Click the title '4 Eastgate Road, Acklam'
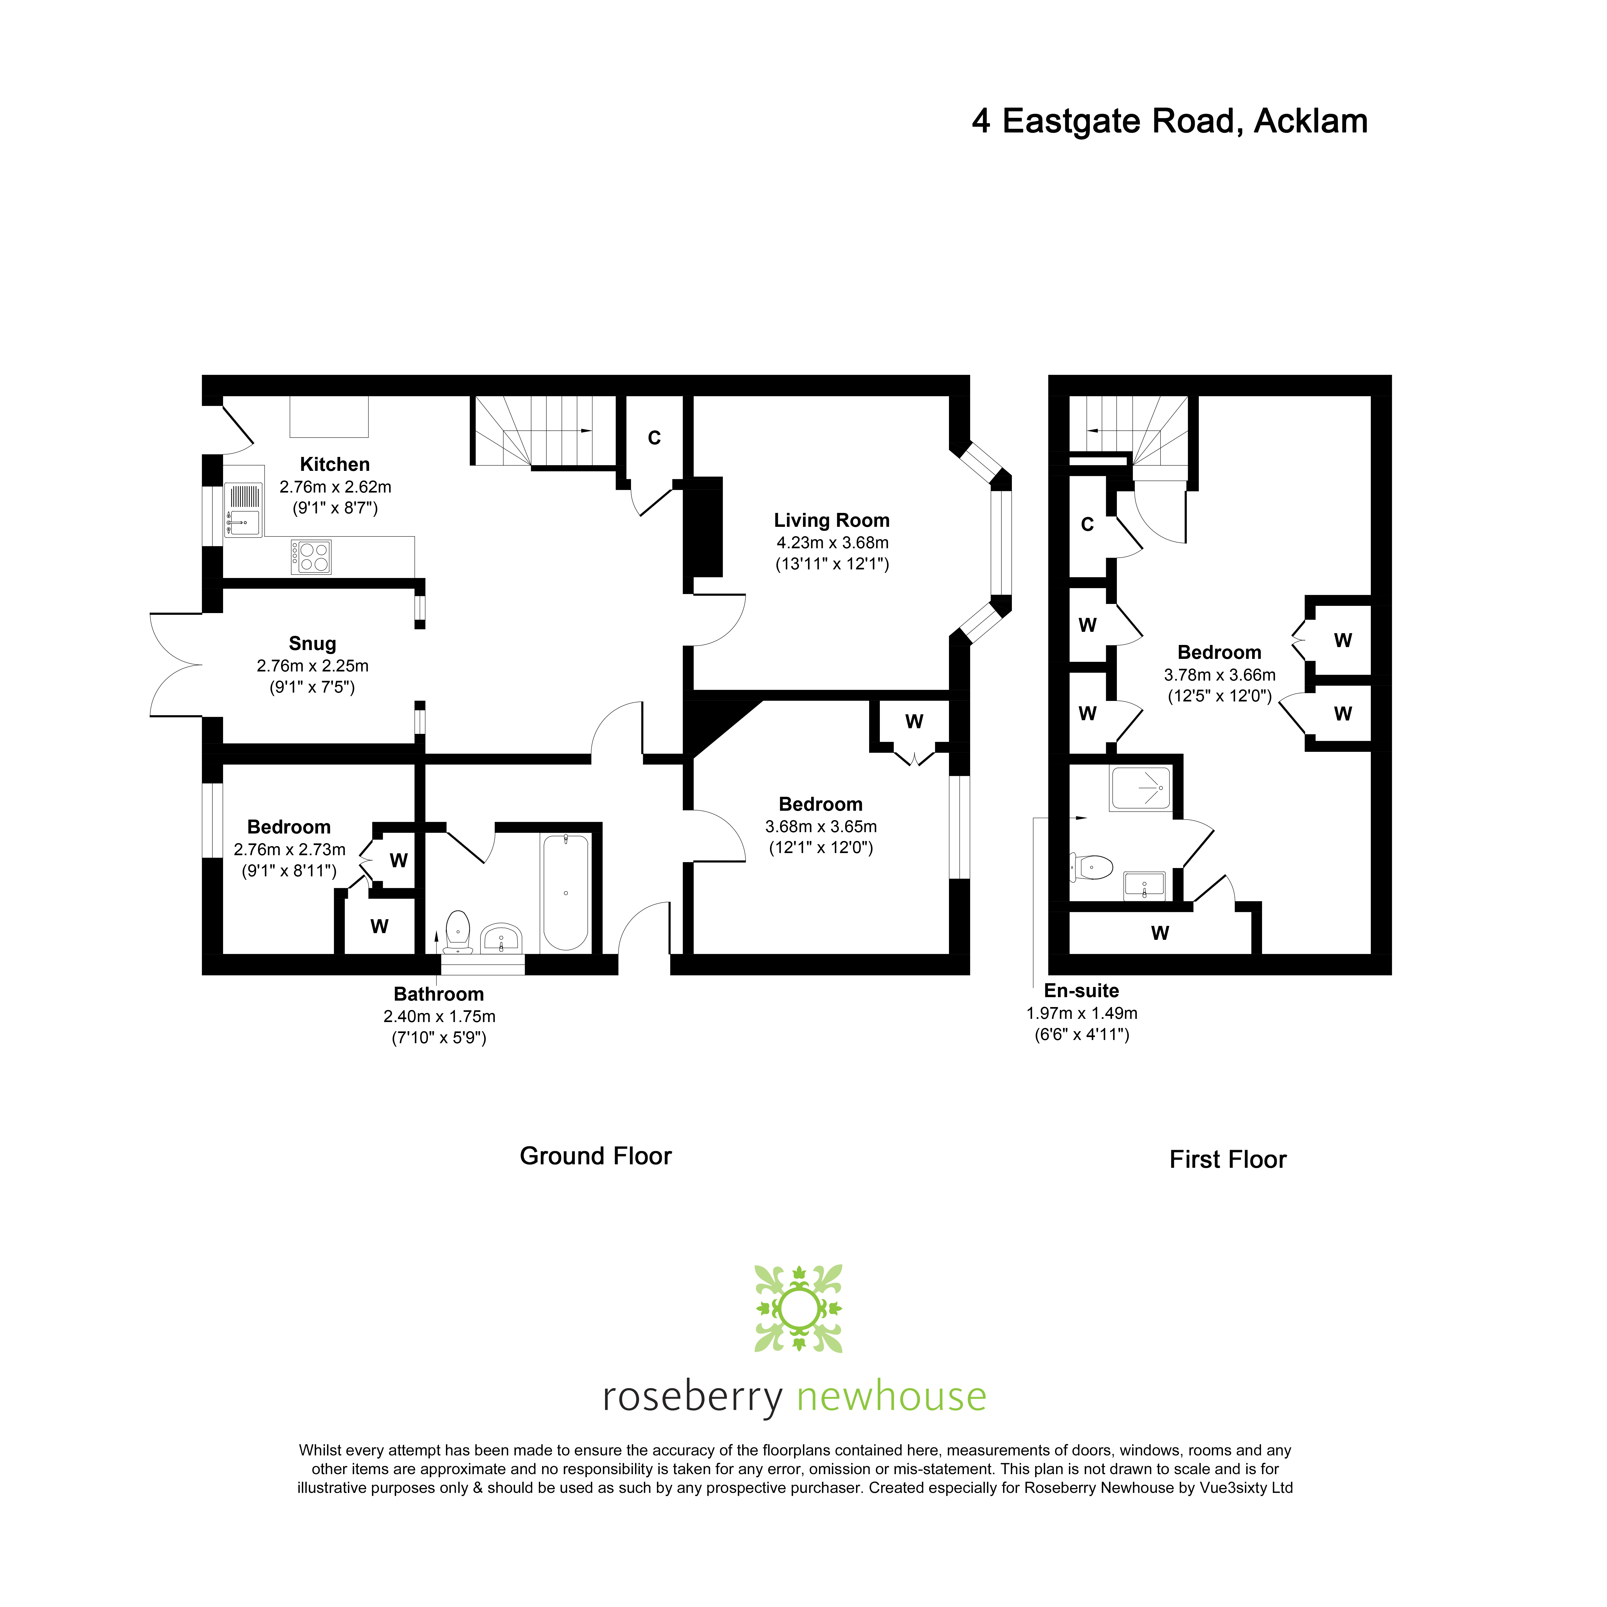1169,121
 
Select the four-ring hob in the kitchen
311,557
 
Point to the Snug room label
313,644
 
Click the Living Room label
832,521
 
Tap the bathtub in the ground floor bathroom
566,892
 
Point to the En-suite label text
1081,991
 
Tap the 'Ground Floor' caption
596,1156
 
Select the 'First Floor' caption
1228,1159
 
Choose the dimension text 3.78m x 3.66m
1219,675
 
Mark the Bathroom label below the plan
438,994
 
